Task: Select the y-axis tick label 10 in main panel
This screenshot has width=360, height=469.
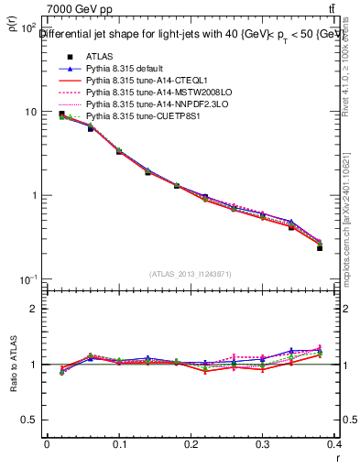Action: [29, 112]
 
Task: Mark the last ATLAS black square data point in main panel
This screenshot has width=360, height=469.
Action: [320, 248]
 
